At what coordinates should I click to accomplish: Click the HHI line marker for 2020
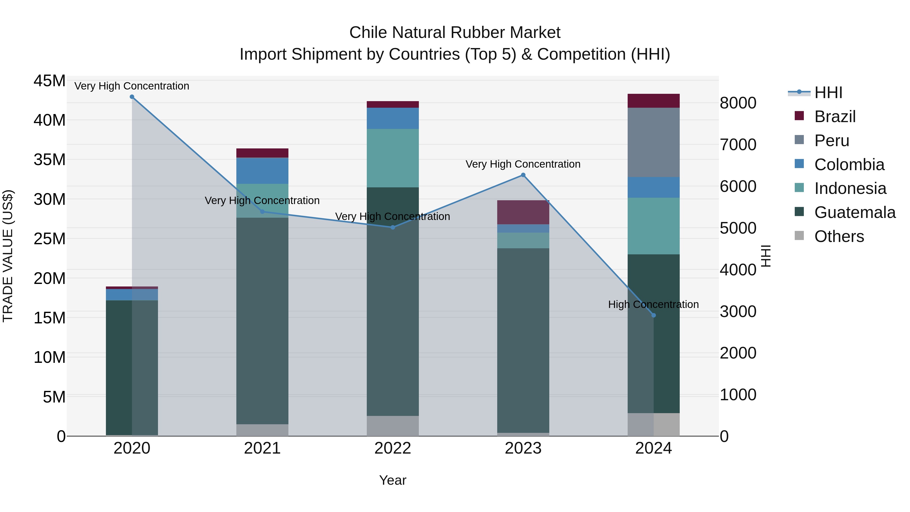pyautogui.click(x=132, y=97)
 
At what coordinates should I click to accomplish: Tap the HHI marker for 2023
pyautogui.click(x=523, y=175)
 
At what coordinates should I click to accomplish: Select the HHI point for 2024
pyautogui.click(x=653, y=315)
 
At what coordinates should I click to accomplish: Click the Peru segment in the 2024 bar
pyautogui.click(x=653, y=142)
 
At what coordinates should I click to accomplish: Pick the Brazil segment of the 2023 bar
pyautogui.click(x=523, y=212)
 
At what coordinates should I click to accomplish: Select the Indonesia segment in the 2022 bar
pyautogui.click(x=393, y=158)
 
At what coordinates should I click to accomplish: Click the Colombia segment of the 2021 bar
pyautogui.click(x=262, y=171)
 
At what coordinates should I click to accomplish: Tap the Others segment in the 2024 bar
pyautogui.click(x=653, y=424)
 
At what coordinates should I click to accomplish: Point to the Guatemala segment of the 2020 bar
pyautogui.click(x=132, y=367)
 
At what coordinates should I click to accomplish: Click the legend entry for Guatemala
pyautogui.click(x=855, y=213)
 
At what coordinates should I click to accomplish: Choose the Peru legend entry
pyautogui.click(x=832, y=141)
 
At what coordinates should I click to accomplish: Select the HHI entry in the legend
pyautogui.click(x=828, y=93)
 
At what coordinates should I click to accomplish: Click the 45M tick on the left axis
pyautogui.click(x=50, y=81)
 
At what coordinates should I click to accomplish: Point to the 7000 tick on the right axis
pyautogui.click(x=738, y=145)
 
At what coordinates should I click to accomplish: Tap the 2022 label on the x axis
pyautogui.click(x=393, y=448)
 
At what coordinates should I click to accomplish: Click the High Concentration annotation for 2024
pyautogui.click(x=653, y=304)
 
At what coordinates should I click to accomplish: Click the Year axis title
pyautogui.click(x=393, y=480)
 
